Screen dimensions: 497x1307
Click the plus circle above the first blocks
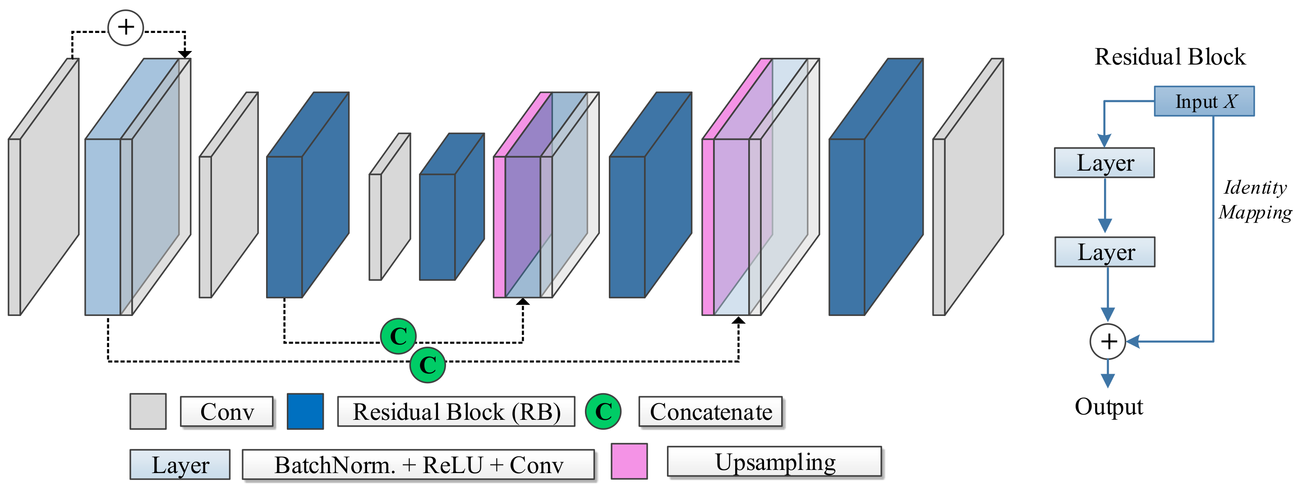point(126,28)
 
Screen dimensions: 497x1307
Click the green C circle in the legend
point(603,412)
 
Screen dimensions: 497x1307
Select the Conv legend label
point(227,412)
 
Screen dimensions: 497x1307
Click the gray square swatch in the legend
point(147,412)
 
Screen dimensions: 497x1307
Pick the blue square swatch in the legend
point(305,412)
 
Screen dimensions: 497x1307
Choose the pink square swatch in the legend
point(629,461)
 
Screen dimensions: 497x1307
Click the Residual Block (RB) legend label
point(456,412)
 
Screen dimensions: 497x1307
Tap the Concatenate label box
point(710,412)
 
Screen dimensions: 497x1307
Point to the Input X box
point(1204,102)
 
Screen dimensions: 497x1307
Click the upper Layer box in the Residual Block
point(1104,163)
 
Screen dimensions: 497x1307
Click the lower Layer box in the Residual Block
point(1105,252)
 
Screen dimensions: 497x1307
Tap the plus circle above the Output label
point(1108,342)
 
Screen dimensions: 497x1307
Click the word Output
point(1109,407)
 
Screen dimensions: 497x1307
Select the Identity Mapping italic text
point(1255,200)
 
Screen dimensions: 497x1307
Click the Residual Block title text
point(1169,57)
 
